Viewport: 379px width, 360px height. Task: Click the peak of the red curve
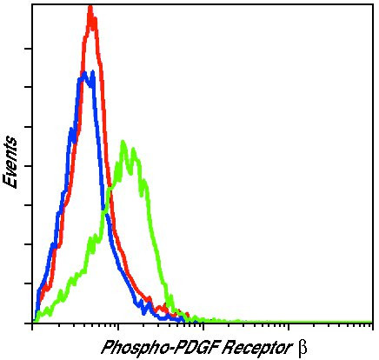pos(90,8)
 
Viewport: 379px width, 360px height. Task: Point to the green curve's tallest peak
pos(123,142)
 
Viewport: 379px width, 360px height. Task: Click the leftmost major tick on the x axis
pos(32,327)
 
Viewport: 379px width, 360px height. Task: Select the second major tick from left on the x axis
pos(117,327)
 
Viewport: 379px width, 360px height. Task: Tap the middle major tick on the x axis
pos(203,327)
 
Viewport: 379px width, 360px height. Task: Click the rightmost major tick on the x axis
pos(373,327)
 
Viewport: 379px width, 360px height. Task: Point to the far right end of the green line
pos(372,322)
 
